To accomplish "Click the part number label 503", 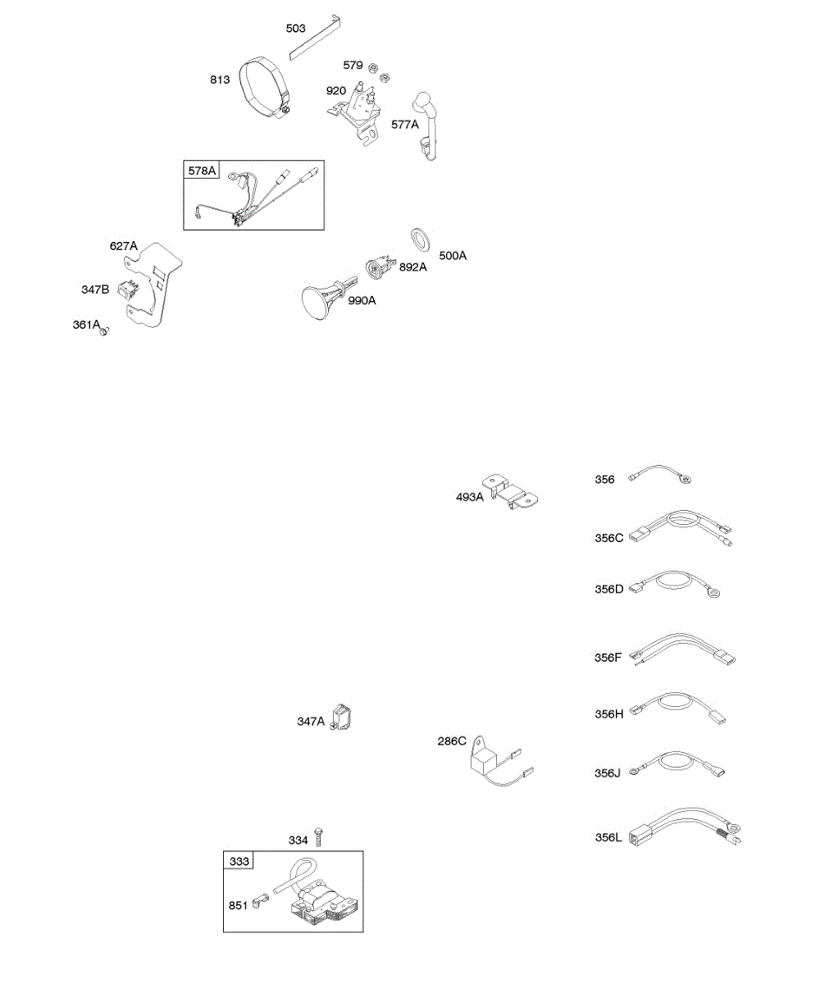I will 296,29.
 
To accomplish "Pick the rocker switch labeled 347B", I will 127,289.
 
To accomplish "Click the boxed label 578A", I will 202,171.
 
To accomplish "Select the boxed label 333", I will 239,861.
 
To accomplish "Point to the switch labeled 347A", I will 342,717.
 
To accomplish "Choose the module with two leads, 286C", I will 485,759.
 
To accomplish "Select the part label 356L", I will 609,837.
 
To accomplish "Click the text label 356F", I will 609,656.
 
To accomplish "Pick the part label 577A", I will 404,125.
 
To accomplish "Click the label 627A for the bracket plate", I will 124,245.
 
